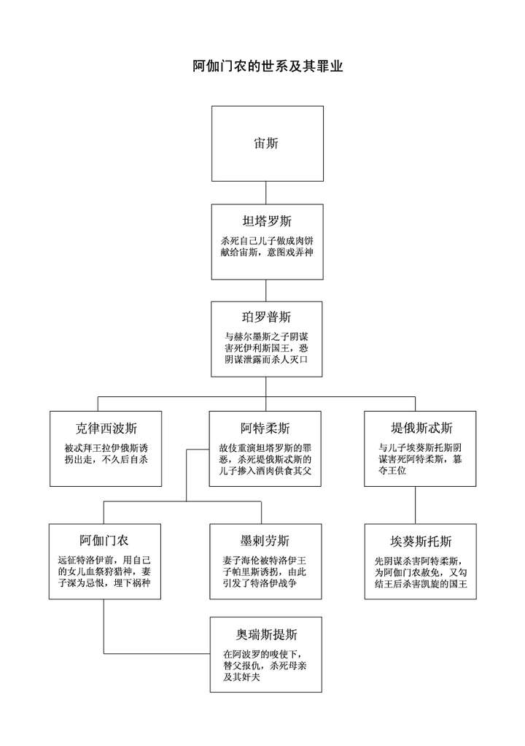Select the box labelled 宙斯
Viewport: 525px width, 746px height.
click(x=267, y=143)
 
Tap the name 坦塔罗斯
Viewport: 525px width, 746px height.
click(x=267, y=221)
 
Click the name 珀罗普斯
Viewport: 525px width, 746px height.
click(x=267, y=318)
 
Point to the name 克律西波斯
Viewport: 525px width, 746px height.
click(x=105, y=428)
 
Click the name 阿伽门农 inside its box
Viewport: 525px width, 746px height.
click(x=104, y=541)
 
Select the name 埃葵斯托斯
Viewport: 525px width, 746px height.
click(x=421, y=542)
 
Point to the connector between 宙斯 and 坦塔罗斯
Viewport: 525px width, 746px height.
click(x=267, y=193)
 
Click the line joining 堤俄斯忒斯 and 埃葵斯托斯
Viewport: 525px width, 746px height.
click(x=416, y=505)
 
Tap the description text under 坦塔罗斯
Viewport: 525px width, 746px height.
click(x=267, y=246)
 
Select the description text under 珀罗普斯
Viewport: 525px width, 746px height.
click(x=267, y=348)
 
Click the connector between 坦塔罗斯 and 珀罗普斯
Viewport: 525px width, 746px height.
click(x=267, y=290)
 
